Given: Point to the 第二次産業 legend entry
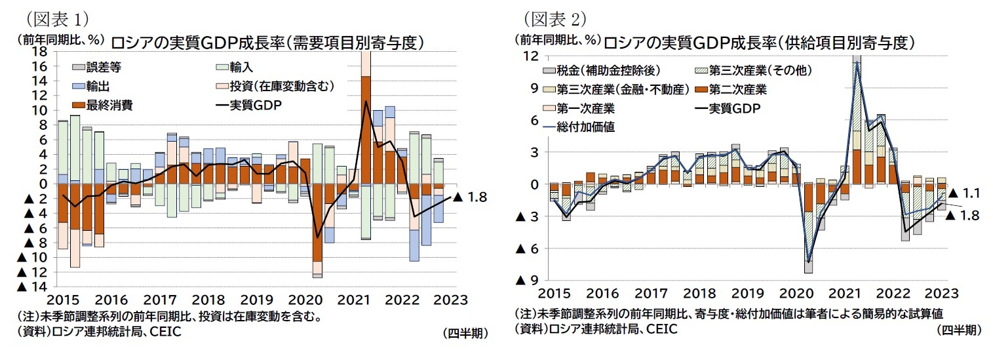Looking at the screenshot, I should pos(728,89).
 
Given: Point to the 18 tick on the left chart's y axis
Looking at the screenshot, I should pos(39,52).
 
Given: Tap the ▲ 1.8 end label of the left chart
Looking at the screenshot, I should pos(470,196).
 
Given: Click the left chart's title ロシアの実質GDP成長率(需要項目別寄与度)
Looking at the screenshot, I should pos(265,43).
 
